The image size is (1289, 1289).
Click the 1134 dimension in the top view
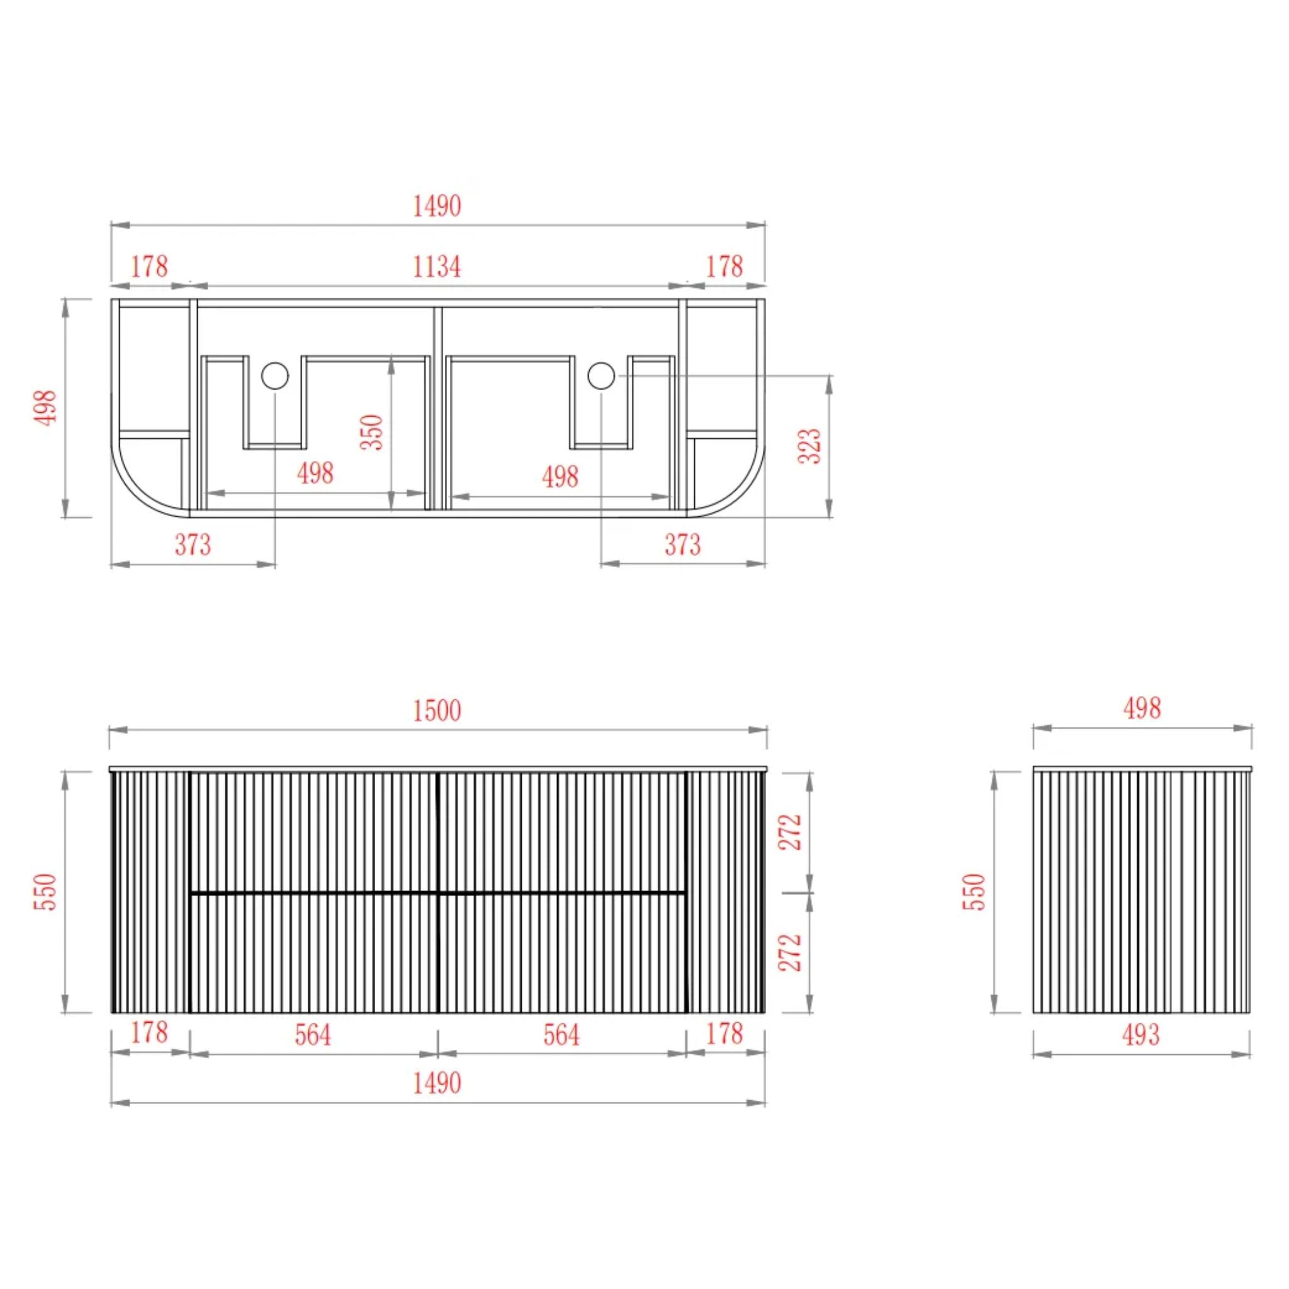tap(437, 267)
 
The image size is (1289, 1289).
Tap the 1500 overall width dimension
tap(437, 711)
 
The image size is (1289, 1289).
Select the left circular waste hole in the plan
tap(275, 376)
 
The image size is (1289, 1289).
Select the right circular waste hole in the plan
tap(601, 376)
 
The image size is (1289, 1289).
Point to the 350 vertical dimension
tap(373, 432)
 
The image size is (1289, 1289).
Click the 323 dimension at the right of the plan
tap(809, 446)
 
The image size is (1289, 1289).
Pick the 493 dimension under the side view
tap(1141, 1035)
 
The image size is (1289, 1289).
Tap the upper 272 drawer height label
tap(791, 832)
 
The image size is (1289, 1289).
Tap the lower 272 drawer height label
tap(791, 953)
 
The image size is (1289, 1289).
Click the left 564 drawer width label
tap(313, 1035)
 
